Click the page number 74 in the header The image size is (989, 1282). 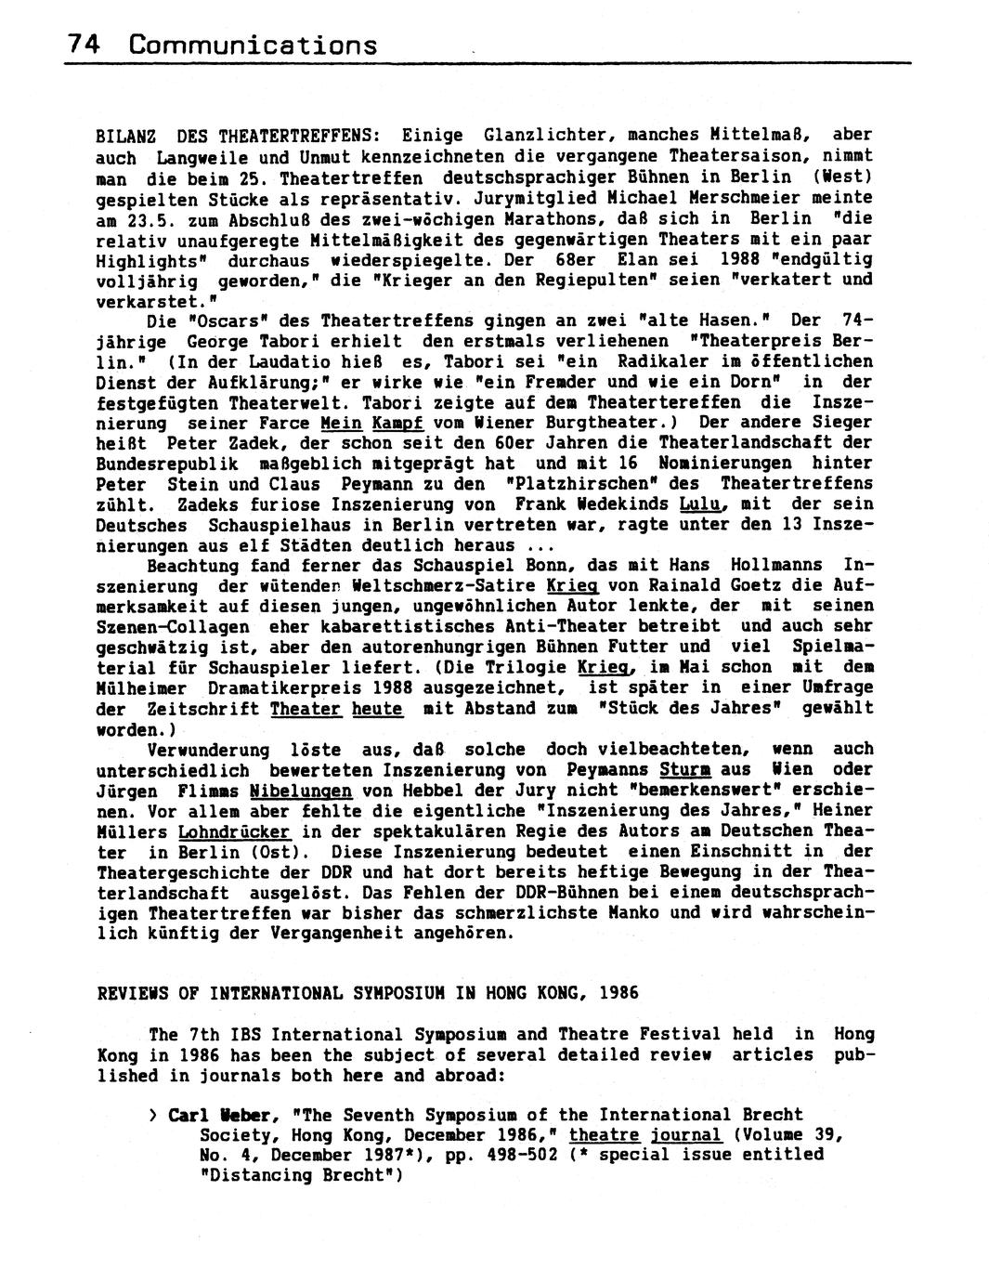82,44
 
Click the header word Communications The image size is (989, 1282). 254,44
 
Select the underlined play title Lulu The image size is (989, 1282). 701,504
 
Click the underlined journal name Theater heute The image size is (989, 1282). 336,708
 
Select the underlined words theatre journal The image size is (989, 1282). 645,1135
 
